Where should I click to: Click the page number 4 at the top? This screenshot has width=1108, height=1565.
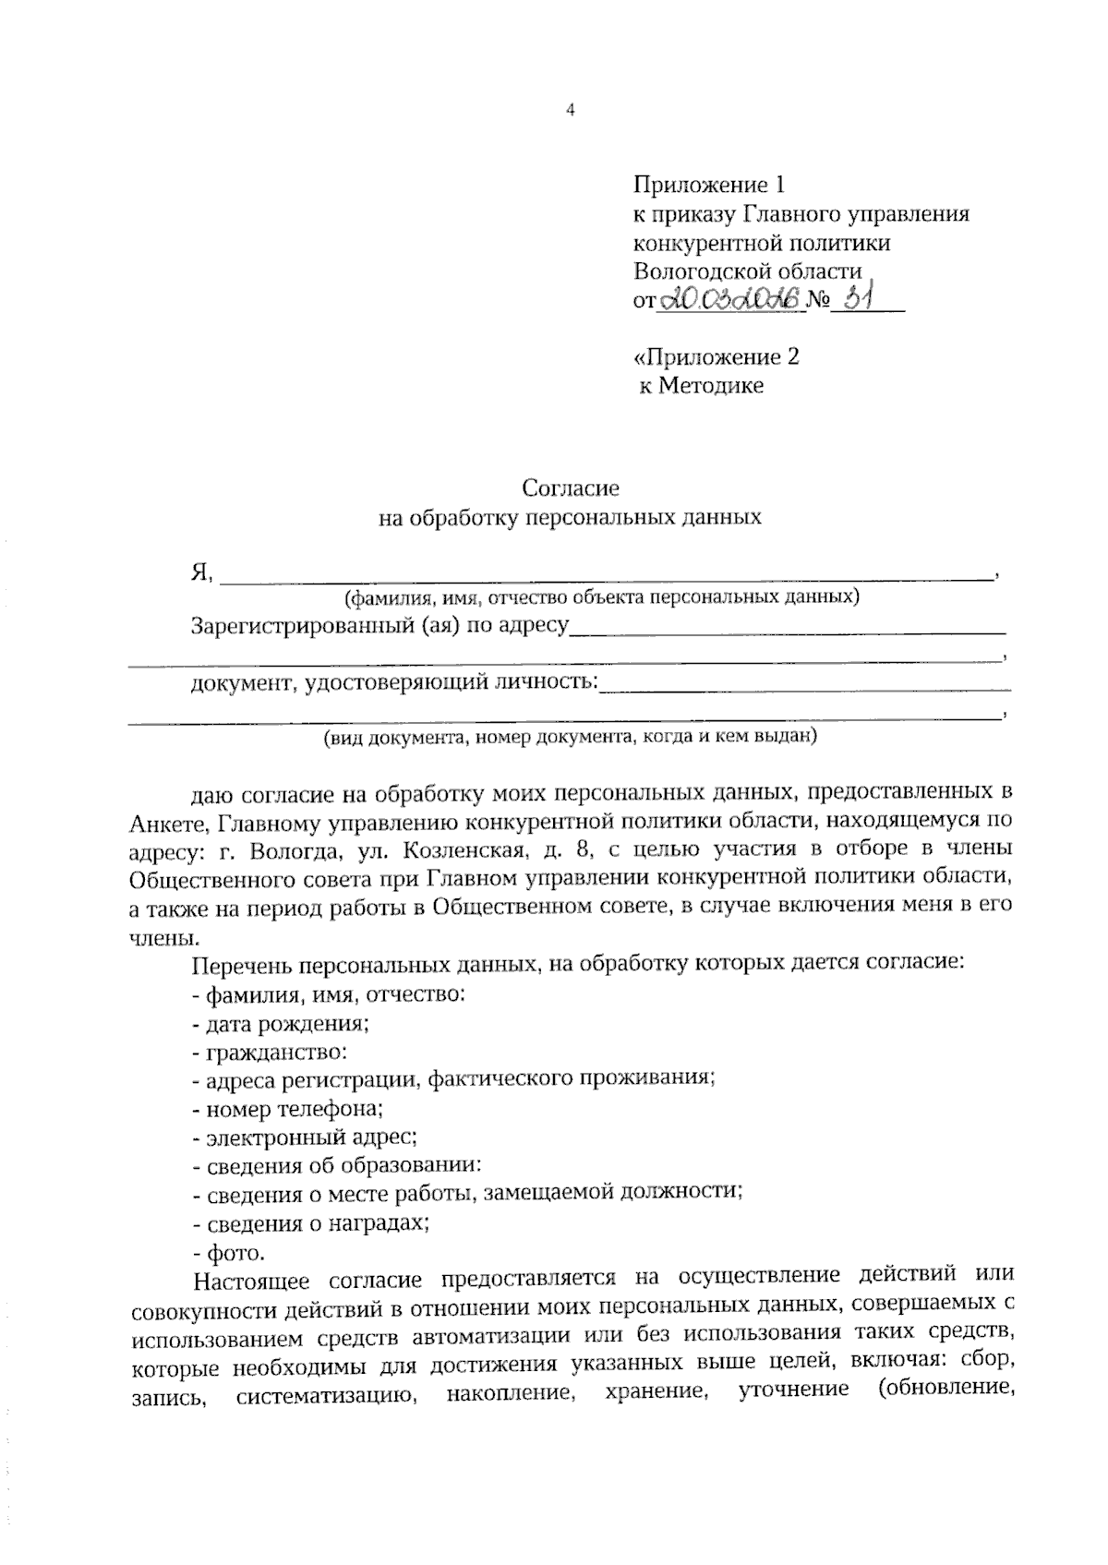[x=570, y=111]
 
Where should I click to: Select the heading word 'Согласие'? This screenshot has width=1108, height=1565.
[x=571, y=487]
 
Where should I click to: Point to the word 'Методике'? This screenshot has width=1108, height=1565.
[x=710, y=385]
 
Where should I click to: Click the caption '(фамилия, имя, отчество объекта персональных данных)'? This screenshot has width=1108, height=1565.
[x=601, y=596]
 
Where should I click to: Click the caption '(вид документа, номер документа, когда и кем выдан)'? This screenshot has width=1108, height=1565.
[x=570, y=737]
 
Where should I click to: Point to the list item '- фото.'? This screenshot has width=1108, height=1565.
[x=228, y=1253]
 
